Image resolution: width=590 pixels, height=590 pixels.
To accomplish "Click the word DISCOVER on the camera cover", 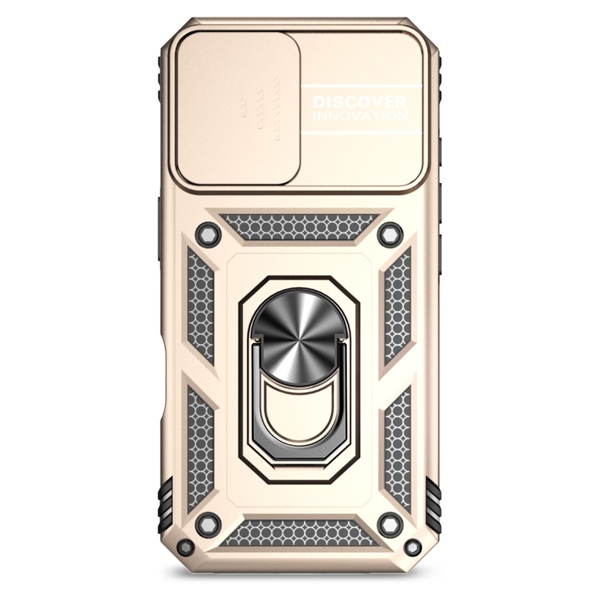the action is point(359,101).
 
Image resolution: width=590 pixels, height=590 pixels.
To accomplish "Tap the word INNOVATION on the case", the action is point(360,115).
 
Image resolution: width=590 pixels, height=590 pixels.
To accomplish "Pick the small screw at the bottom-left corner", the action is point(185,547).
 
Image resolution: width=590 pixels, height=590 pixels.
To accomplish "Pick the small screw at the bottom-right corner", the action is point(413,547).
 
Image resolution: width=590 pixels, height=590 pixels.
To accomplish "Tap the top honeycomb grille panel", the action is point(299,227).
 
